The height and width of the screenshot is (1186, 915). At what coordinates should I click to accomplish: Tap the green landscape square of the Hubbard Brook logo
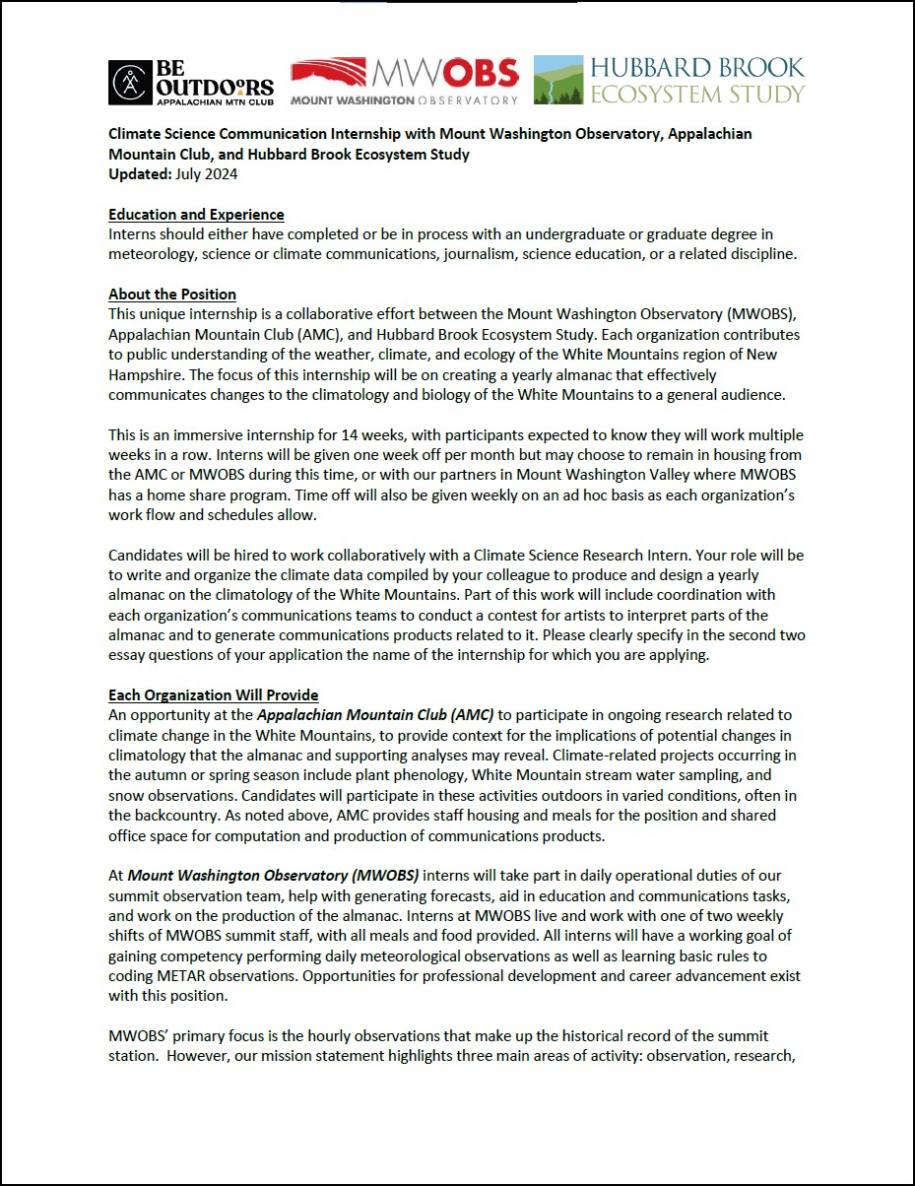click(x=558, y=80)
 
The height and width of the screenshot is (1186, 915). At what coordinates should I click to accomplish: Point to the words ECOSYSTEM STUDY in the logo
click(x=697, y=95)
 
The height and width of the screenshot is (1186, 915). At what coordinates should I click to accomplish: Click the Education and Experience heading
click(x=196, y=215)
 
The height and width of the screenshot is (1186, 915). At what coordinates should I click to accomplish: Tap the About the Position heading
click(x=172, y=295)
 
